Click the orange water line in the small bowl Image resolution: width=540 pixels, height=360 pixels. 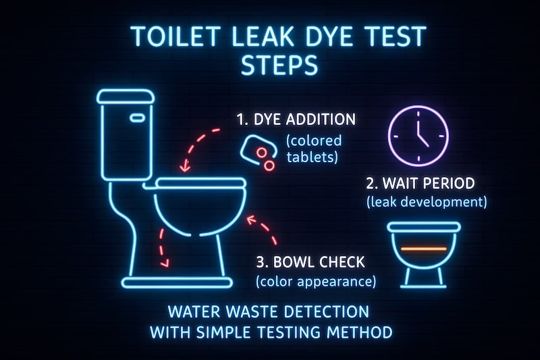(423, 249)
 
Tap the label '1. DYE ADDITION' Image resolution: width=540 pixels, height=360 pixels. (296, 120)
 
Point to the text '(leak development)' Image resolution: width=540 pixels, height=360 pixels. (427, 201)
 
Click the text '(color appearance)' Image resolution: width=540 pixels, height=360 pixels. (315, 280)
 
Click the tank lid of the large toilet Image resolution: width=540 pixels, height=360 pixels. (126, 97)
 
